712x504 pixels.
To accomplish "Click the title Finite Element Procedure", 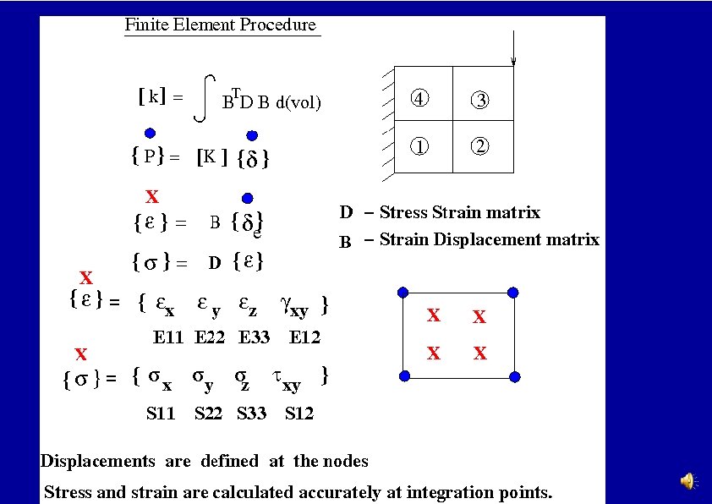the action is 220,25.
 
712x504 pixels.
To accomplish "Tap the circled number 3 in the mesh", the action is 479,99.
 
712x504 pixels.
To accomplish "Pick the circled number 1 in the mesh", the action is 420,145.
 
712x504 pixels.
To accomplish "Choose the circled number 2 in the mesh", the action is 479,145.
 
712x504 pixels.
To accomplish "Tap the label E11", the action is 168,337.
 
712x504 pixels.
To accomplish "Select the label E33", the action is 255,337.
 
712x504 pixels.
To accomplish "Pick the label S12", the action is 299,414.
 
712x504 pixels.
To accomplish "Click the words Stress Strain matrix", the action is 459,212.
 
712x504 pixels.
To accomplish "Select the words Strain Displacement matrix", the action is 489,239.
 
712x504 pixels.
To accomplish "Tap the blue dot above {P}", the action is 150,132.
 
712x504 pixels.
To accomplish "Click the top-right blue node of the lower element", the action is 511,293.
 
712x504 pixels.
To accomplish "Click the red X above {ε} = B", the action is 152,198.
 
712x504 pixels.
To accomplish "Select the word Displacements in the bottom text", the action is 98,461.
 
